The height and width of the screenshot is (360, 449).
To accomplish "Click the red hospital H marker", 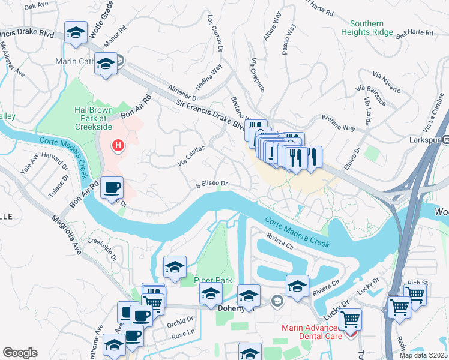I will (118, 145).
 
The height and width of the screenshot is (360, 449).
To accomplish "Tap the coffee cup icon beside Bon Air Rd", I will (112, 188).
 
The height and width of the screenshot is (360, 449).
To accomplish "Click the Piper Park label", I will (208, 280).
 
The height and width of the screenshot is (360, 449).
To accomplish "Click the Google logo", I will (20, 353).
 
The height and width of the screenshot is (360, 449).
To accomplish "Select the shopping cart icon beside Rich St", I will (415, 294).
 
